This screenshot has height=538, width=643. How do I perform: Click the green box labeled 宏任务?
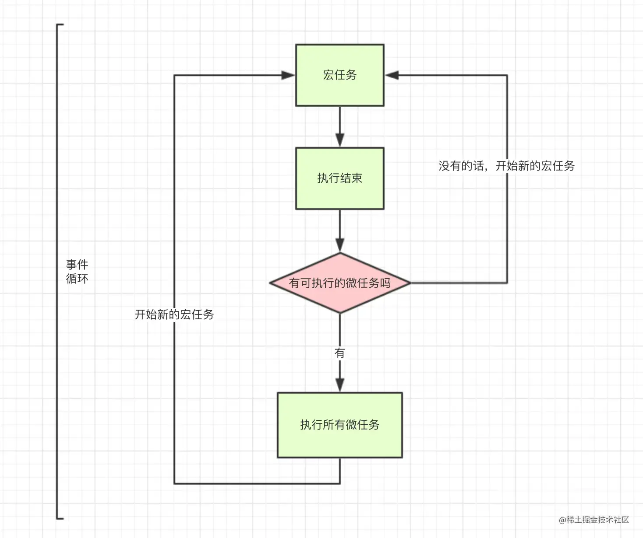point(339,75)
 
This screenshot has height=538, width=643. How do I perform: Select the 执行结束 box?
point(339,178)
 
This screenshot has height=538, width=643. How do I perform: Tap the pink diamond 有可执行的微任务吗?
point(339,283)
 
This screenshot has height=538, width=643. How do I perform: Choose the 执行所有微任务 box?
point(339,425)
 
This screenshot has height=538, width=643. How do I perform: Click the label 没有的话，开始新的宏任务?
point(506,166)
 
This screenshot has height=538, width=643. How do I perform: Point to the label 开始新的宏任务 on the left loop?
point(174,314)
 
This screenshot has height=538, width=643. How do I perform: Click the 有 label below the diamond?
point(339,353)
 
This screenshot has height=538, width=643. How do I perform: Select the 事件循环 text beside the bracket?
point(77,271)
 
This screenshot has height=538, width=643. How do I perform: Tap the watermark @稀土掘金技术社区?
point(594,520)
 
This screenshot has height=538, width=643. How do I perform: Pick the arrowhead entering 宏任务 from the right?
point(391,75)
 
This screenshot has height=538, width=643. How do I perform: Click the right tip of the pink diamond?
point(410,283)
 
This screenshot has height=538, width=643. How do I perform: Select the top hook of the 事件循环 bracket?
point(60,25)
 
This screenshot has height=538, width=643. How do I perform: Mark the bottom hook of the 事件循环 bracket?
point(60,518)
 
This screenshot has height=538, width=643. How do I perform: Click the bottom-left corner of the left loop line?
point(174,483)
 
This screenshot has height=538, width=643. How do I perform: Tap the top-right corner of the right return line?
point(507,75)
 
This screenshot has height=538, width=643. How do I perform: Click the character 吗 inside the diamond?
point(385,283)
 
